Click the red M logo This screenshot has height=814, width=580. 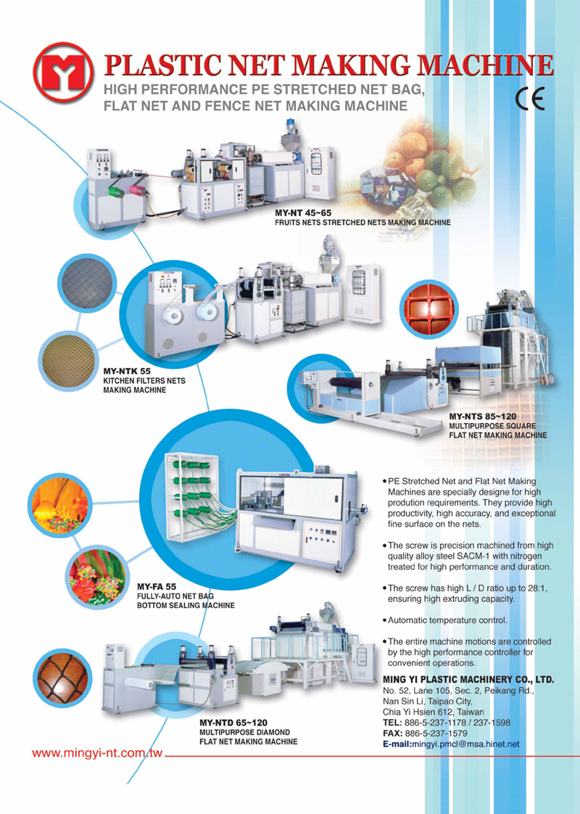coord(64,73)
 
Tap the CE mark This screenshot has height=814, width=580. coord(530,98)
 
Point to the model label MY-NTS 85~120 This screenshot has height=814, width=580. coord(482,416)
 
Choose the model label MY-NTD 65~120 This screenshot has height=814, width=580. coord(233,723)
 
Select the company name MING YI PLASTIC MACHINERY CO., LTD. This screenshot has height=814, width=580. coord(468,680)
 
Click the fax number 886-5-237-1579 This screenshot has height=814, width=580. coord(436,733)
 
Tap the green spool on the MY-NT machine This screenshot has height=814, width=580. coord(116,192)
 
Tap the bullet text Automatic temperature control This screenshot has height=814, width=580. coord(448,620)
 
